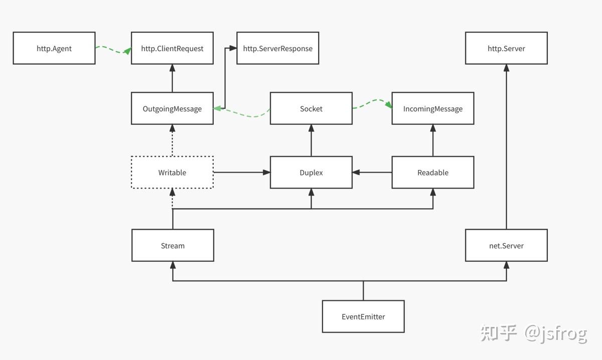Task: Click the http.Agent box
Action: (x=54, y=48)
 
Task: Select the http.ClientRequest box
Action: (x=172, y=48)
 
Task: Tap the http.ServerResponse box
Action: (x=277, y=48)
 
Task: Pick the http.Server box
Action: (x=506, y=48)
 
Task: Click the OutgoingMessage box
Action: (x=172, y=108)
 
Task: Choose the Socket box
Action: (x=311, y=108)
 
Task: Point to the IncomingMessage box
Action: (x=432, y=108)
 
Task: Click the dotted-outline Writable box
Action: (x=172, y=172)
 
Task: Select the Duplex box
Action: (x=311, y=172)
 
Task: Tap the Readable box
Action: (x=432, y=172)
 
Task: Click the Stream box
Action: (x=173, y=246)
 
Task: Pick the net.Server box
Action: (x=506, y=246)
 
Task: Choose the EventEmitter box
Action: (x=363, y=316)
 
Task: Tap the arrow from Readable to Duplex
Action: (x=372, y=172)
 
